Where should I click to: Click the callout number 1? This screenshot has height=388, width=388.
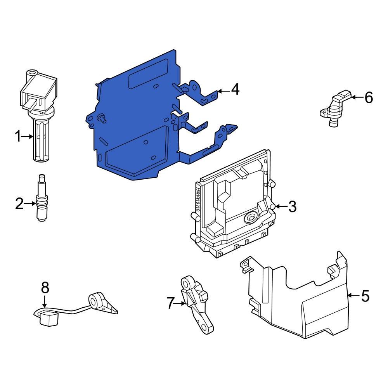click(17, 137)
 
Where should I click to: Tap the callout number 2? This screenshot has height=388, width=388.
click(19, 203)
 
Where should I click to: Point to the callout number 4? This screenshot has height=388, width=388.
click(235, 90)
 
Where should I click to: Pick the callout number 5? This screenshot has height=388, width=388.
click(365, 296)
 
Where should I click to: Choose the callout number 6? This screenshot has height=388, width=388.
click(369, 98)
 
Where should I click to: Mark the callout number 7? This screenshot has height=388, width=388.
click(171, 303)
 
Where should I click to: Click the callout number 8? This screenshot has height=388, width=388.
click(45, 288)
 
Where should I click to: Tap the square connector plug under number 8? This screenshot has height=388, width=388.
click(48, 319)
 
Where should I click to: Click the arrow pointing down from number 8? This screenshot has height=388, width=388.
click(45, 302)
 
